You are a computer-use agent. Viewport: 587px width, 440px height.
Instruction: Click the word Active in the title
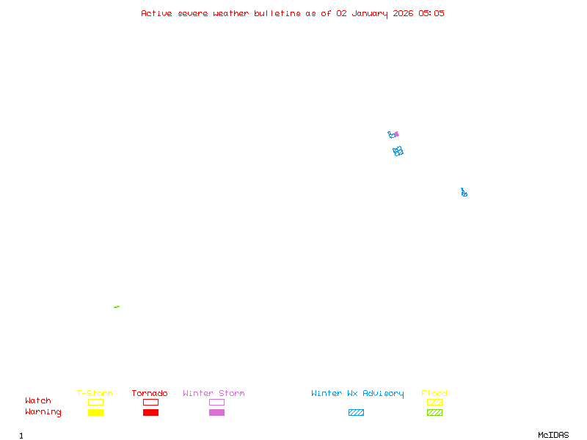[x=157, y=13]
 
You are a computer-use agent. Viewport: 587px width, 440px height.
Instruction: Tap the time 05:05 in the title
[x=431, y=13]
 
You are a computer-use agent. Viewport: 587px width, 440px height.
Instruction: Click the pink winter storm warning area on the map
[x=396, y=134]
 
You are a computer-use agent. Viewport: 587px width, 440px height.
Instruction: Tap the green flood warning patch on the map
[x=117, y=307]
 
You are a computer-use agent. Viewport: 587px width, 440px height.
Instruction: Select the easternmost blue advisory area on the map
[x=464, y=193]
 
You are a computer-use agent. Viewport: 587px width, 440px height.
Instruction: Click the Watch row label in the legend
[x=38, y=401]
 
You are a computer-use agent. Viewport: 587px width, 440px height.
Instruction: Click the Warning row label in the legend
[x=43, y=412]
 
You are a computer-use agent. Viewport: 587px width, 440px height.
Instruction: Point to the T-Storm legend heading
[x=95, y=393]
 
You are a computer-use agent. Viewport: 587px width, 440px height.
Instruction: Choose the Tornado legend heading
[x=150, y=393]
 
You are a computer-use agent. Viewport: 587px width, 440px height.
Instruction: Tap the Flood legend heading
[x=434, y=393]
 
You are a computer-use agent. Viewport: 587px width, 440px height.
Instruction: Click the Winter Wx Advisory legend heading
[x=357, y=393]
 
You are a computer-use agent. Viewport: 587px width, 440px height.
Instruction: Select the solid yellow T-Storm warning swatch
[x=95, y=412]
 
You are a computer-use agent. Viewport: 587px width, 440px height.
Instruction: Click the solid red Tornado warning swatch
[x=150, y=412]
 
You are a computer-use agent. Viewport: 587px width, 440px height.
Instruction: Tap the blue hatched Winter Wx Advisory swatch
[x=356, y=412]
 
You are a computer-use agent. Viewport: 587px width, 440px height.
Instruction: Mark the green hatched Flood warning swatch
[x=434, y=412]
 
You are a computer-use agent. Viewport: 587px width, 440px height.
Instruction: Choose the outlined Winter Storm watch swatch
[x=216, y=402]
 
